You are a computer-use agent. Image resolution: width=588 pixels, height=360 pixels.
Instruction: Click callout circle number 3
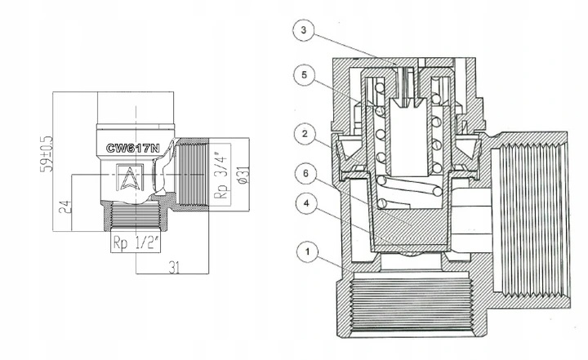pyautogui.click(x=304, y=30)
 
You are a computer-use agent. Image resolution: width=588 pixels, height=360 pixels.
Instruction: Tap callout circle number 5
pyautogui.click(x=305, y=75)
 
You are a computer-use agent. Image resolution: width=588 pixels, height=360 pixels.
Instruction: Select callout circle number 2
pyautogui.click(x=305, y=134)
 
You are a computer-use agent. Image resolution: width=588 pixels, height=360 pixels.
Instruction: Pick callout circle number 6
pyautogui.click(x=305, y=174)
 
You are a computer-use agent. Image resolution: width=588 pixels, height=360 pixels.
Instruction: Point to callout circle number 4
pyautogui.click(x=306, y=203)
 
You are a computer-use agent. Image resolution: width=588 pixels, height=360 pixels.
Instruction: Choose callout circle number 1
pyautogui.click(x=308, y=251)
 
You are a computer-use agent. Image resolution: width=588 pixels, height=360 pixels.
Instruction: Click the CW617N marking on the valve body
pyautogui.click(x=133, y=149)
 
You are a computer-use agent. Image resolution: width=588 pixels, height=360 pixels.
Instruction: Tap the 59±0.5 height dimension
pyautogui.click(x=46, y=154)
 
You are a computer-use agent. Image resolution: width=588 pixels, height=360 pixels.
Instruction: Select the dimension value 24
pyautogui.click(x=65, y=207)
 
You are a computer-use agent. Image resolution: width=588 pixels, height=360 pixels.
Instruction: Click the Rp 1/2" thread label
pyautogui.click(x=136, y=243)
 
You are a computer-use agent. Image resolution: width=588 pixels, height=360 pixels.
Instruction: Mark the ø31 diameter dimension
pyautogui.click(x=243, y=175)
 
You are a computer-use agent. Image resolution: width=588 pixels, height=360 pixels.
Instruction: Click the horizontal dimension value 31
pyautogui.click(x=174, y=268)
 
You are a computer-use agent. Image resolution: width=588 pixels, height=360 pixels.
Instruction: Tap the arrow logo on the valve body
pyautogui.click(x=129, y=178)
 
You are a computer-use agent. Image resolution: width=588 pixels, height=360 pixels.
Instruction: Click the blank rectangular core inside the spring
pyautogui.click(x=408, y=137)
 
